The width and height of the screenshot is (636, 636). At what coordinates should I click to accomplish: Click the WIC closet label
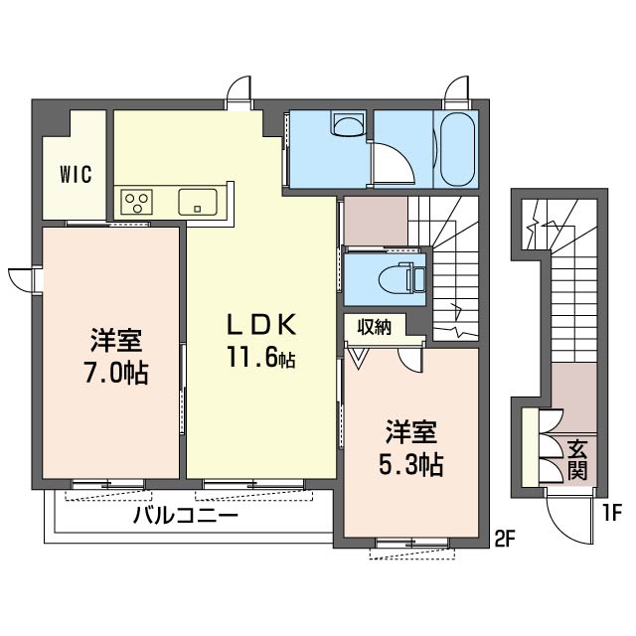pyautogui.click(x=76, y=175)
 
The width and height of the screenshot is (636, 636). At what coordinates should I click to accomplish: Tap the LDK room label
pyautogui.click(x=261, y=325)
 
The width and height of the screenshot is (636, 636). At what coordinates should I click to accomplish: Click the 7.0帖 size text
pyautogui.click(x=116, y=373)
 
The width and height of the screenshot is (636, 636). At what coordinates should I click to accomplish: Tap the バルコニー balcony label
pyautogui.click(x=186, y=517)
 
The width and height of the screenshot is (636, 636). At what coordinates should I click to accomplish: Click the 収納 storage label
pyautogui.click(x=374, y=327)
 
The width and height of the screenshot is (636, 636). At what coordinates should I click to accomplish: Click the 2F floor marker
pyautogui.click(x=506, y=539)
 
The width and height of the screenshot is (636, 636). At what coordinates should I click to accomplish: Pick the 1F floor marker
pyautogui.click(x=612, y=514)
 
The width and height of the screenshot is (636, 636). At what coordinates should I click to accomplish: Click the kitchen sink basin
pyautogui.click(x=198, y=202)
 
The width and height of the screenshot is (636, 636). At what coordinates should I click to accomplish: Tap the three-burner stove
pyautogui.click(x=136, y=202)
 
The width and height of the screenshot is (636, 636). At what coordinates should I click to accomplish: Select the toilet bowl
pyautogui.click(x=397, y=279)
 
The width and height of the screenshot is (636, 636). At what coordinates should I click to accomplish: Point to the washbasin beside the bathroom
pyautogui.click(x=348, y=123)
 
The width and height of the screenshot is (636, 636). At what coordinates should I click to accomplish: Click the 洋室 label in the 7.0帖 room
pyautogui.click(x=116, y=341)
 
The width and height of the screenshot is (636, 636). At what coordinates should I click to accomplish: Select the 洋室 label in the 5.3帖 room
pyautogui.click(x=410, y=432)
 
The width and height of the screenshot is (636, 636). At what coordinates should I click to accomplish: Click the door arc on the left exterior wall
pyautogui.click(x=19, y=280)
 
